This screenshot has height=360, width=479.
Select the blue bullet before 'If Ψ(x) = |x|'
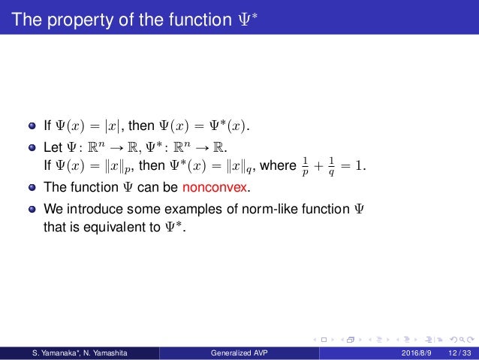33,125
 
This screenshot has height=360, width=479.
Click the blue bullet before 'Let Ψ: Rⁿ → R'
33,145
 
